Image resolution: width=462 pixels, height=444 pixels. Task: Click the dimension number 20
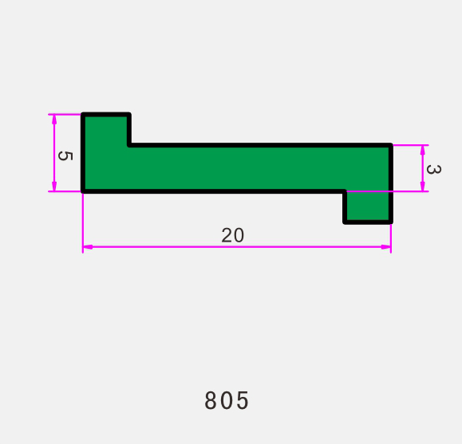[x=233, y=235]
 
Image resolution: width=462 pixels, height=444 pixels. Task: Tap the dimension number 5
[x=65, y=155]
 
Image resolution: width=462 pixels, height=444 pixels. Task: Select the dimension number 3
[x=434, y=169]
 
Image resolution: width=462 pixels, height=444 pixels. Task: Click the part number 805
[x=227, y=400]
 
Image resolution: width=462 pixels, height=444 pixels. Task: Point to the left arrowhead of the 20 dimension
[x=88, y=247]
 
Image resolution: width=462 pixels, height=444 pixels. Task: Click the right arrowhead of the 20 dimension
[x=386, y=247]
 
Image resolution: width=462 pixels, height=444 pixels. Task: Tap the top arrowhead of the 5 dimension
[x=54, y=119]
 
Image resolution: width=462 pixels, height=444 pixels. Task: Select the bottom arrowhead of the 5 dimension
[x=54, y=187]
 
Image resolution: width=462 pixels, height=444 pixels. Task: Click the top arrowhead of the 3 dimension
[x=423, y=150]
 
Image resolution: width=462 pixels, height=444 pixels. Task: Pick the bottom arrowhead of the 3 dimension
[x=423, y=187]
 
